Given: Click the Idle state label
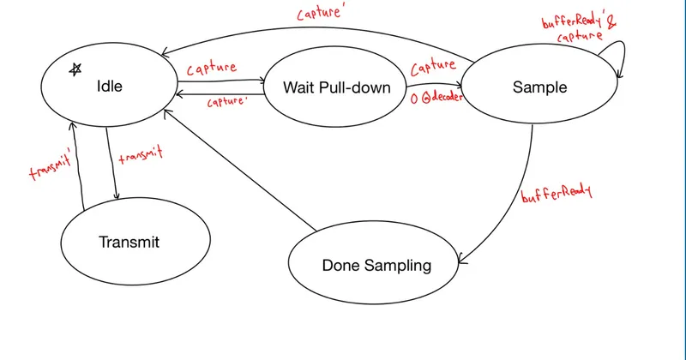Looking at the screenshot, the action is tap(110, 87).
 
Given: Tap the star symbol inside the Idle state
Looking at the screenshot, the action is tap(75, 69).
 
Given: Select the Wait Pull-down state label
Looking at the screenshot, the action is tap(336, 87).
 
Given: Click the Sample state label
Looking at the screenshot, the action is tap(539, 87).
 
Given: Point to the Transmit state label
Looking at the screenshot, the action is tap(129, 242).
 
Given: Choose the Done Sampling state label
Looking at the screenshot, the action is tap(376, 266).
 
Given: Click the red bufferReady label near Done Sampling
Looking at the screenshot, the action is tap(556, 193).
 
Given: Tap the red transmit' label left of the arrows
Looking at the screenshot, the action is tap(50, 166).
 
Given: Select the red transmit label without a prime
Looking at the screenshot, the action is tap(141, 155).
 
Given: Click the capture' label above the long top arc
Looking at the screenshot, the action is tap(319, 12).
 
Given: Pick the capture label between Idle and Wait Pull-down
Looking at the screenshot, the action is tap(212, 69).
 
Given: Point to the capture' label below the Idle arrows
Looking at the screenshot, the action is tap(226, 102).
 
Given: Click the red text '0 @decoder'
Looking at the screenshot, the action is tap(436, 97).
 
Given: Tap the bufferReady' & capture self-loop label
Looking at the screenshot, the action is tap(578, 28).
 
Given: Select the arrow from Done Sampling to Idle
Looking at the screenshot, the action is tap(240, 171).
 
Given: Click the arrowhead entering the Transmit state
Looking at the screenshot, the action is tap(116, 196).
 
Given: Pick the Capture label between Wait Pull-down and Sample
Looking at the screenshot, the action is tap(433, 67).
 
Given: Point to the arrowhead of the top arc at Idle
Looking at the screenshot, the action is tap(165, 53).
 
